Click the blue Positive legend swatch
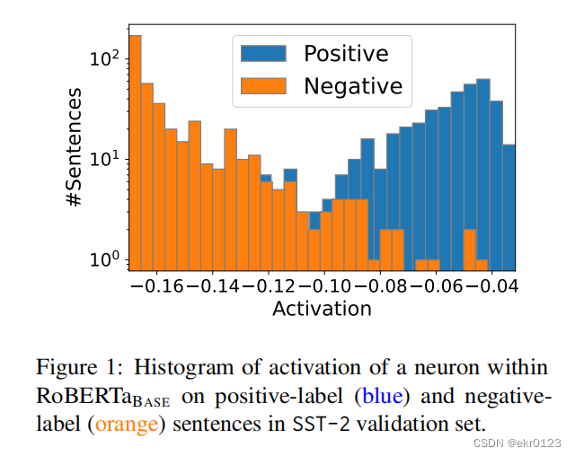(x=263, y=53)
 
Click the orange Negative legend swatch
(x=263, y=86)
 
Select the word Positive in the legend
(x=346, y=53)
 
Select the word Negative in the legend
(x=352, y=86)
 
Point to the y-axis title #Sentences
(x=78, y=147)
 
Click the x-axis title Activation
(x=322, y=309)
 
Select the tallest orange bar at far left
(x=135, y=153)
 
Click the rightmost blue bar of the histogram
(x=509, y=206)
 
